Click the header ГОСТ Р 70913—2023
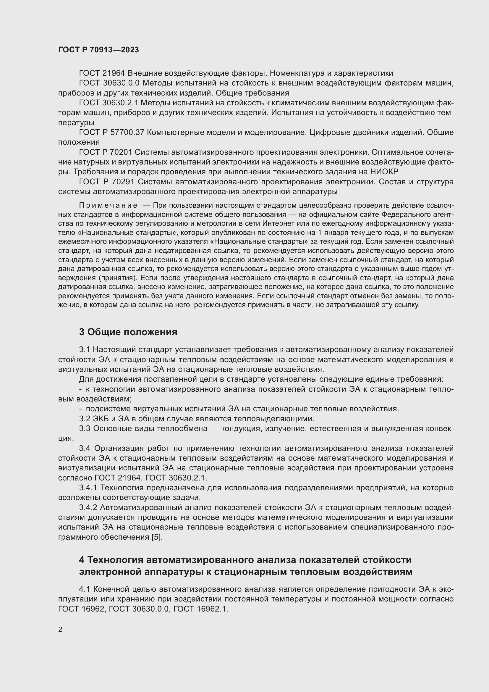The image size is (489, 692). coord(98,50)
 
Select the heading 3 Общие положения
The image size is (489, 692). coord(128,332)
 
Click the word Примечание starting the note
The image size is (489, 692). coord(108,206)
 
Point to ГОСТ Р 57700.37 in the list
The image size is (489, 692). coord(112,132)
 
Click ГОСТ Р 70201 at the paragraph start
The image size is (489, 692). coord(108,152)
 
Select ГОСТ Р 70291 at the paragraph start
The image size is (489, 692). coord(108,182)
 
